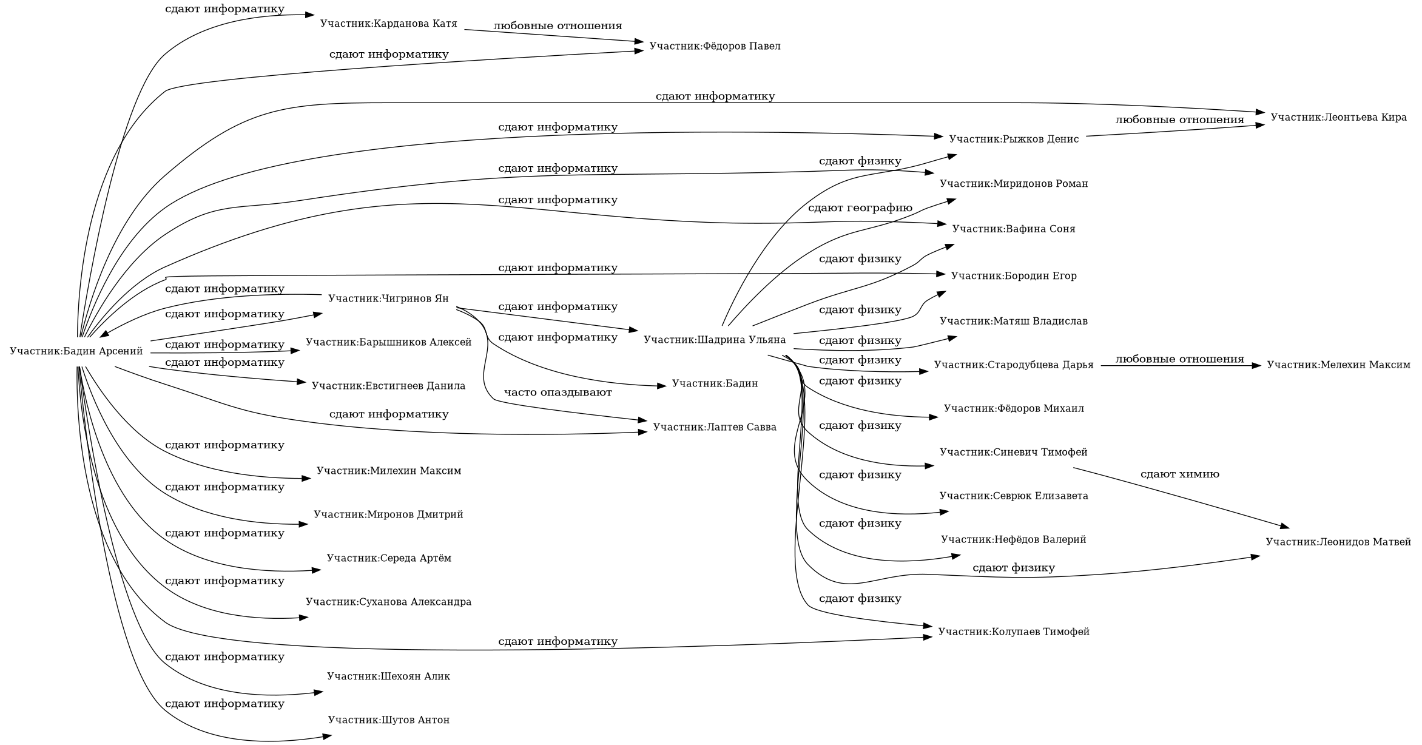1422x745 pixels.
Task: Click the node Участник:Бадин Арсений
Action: coord(76,351)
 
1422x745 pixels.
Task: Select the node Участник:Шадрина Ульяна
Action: coord(715,340)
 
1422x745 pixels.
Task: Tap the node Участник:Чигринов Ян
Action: coord(388,298)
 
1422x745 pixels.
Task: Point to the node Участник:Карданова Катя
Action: coord(388,24)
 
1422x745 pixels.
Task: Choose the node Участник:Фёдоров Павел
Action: coord(715,47)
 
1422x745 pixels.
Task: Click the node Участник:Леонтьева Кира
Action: coord(1338,117)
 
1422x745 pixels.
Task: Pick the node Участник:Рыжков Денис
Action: coord(1014,140)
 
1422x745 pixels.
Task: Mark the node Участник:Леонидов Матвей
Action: coord(1338,542)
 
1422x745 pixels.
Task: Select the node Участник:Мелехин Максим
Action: coord(1338,365)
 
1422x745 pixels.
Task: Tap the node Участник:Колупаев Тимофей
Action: coord(1014,632)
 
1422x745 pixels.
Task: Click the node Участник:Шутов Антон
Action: coord(388,720)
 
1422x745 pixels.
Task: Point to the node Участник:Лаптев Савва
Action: coord(715,427)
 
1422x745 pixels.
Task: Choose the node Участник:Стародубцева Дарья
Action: coord(1014,365)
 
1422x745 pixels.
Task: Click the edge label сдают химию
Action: coord(1179,474)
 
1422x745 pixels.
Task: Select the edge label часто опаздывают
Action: coord(558,393)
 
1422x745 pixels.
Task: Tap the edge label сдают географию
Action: coord(860,209)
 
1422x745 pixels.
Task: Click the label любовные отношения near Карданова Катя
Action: coord(558,26)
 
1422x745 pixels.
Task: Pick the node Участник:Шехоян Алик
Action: coord(388,676)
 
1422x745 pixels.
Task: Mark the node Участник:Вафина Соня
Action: coord(1014,229)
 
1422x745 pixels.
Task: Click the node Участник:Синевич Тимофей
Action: coord(1014,453)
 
